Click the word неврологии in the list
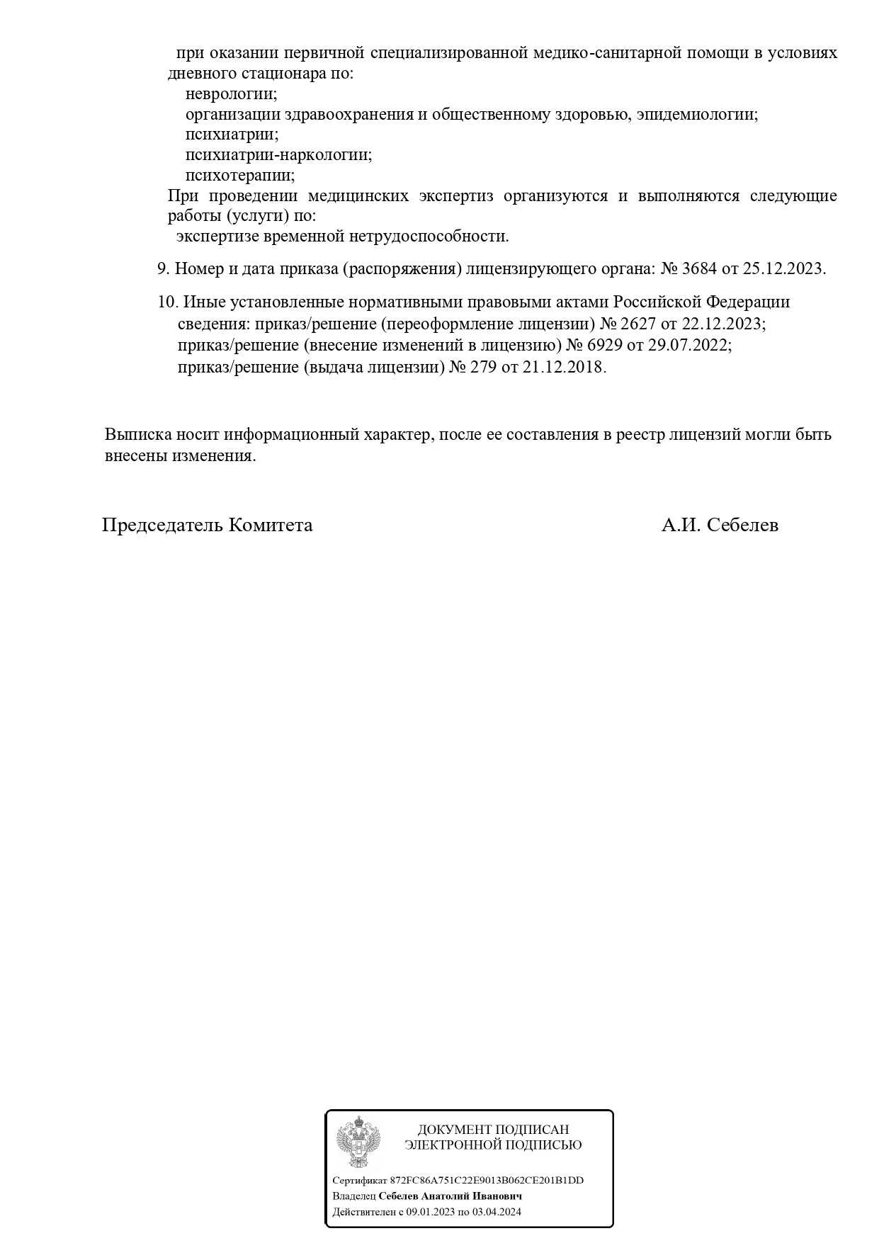(x=231, y=93)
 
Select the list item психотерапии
(x=240, y=175)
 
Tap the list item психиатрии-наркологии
(x=278, y=154)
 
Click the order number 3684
(x=698, y=268)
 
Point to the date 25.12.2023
(x=783, y=268)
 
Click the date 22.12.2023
(x=722, y=324)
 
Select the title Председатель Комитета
(x=207, y=525)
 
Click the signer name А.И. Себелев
(x=720, y=525)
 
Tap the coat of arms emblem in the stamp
(x=358, y=1141)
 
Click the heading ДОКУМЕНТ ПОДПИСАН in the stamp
(x=493, y=1130)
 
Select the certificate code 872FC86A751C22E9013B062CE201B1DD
(x=487, y=1180)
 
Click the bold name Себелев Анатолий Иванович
(x=450, y=1196)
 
